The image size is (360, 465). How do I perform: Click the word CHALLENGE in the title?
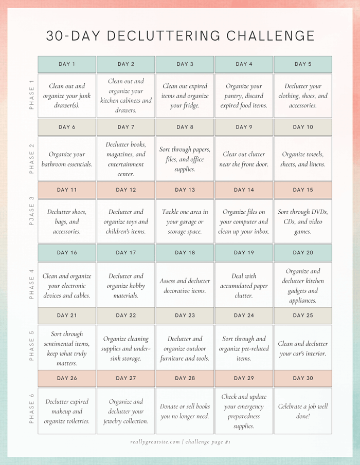coord(271,35)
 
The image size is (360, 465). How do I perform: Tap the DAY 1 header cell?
coord(67,64)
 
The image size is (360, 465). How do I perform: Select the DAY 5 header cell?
coord(303,64)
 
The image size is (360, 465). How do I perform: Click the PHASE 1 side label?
coord(31,95)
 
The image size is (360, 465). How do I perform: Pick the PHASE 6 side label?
coord(31,409)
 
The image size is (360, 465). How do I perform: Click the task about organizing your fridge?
coord(185,96)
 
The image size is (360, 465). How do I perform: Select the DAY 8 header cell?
coord(185,127)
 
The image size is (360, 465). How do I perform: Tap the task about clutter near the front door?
coord(244,159)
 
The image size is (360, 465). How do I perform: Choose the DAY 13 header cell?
coord(185,190)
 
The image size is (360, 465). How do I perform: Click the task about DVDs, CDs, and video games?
coord(303,221)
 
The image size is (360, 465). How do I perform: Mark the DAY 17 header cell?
coord(125,253)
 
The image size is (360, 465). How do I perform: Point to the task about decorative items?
coord(185,286)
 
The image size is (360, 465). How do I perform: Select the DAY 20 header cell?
coord(303,253)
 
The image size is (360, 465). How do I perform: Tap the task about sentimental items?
coord(67,348)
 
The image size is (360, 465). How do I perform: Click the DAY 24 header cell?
coord(244,315)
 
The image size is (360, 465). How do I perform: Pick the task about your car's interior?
coord(303,348)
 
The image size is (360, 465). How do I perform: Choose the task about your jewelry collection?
coord(125,411)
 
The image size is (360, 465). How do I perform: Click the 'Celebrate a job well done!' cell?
coord(303,411)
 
